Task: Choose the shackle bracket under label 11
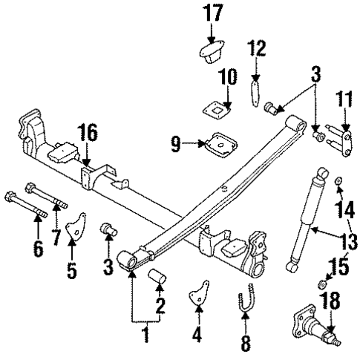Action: pos(342,144)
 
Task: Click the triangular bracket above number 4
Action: pos(197,294)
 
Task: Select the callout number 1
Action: pos(145,336)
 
